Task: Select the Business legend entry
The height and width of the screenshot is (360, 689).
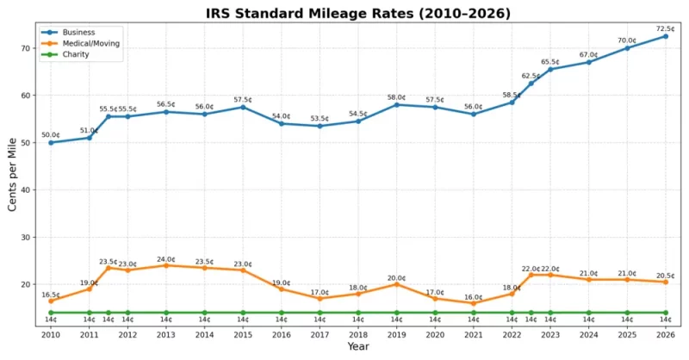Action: tap(80, 32)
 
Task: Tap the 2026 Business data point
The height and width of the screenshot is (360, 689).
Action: tap(665, 36)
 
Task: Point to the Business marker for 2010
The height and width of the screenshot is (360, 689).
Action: tap(51, 142)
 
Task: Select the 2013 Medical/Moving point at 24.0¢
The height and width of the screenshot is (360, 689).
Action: tap(166, 265)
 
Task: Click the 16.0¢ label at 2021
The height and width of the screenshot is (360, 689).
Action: tap(473, 297)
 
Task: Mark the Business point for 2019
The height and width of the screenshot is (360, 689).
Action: tap(396, 104)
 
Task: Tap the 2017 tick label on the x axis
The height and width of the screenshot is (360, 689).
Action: tap(320, 334)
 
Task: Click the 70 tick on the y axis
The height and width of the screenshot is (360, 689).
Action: tap(28, 48)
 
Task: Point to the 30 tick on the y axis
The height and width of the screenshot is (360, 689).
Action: tap(28, 237)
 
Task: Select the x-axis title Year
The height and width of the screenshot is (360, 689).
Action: tap(358, 347)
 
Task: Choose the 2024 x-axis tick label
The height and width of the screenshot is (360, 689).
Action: tap(588, 334)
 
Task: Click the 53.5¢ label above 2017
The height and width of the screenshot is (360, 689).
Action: tap(320, 118)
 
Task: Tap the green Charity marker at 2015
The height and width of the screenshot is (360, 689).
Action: tap(243, 313)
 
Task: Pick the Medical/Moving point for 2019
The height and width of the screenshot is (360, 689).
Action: tap(396, 284)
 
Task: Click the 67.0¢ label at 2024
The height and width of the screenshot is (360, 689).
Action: tap(588, 54)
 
